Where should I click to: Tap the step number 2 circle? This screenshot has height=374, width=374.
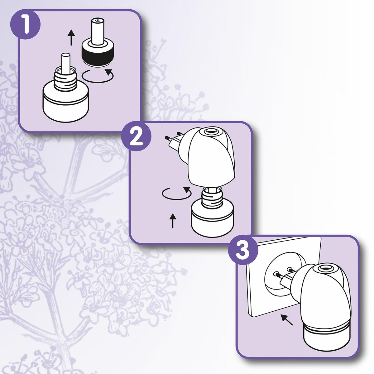[136, 137]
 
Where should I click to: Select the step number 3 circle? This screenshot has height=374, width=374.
[243, 251]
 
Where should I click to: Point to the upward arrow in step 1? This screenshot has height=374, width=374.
[71, 37]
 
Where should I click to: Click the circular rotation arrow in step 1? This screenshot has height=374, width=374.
[97, 76]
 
